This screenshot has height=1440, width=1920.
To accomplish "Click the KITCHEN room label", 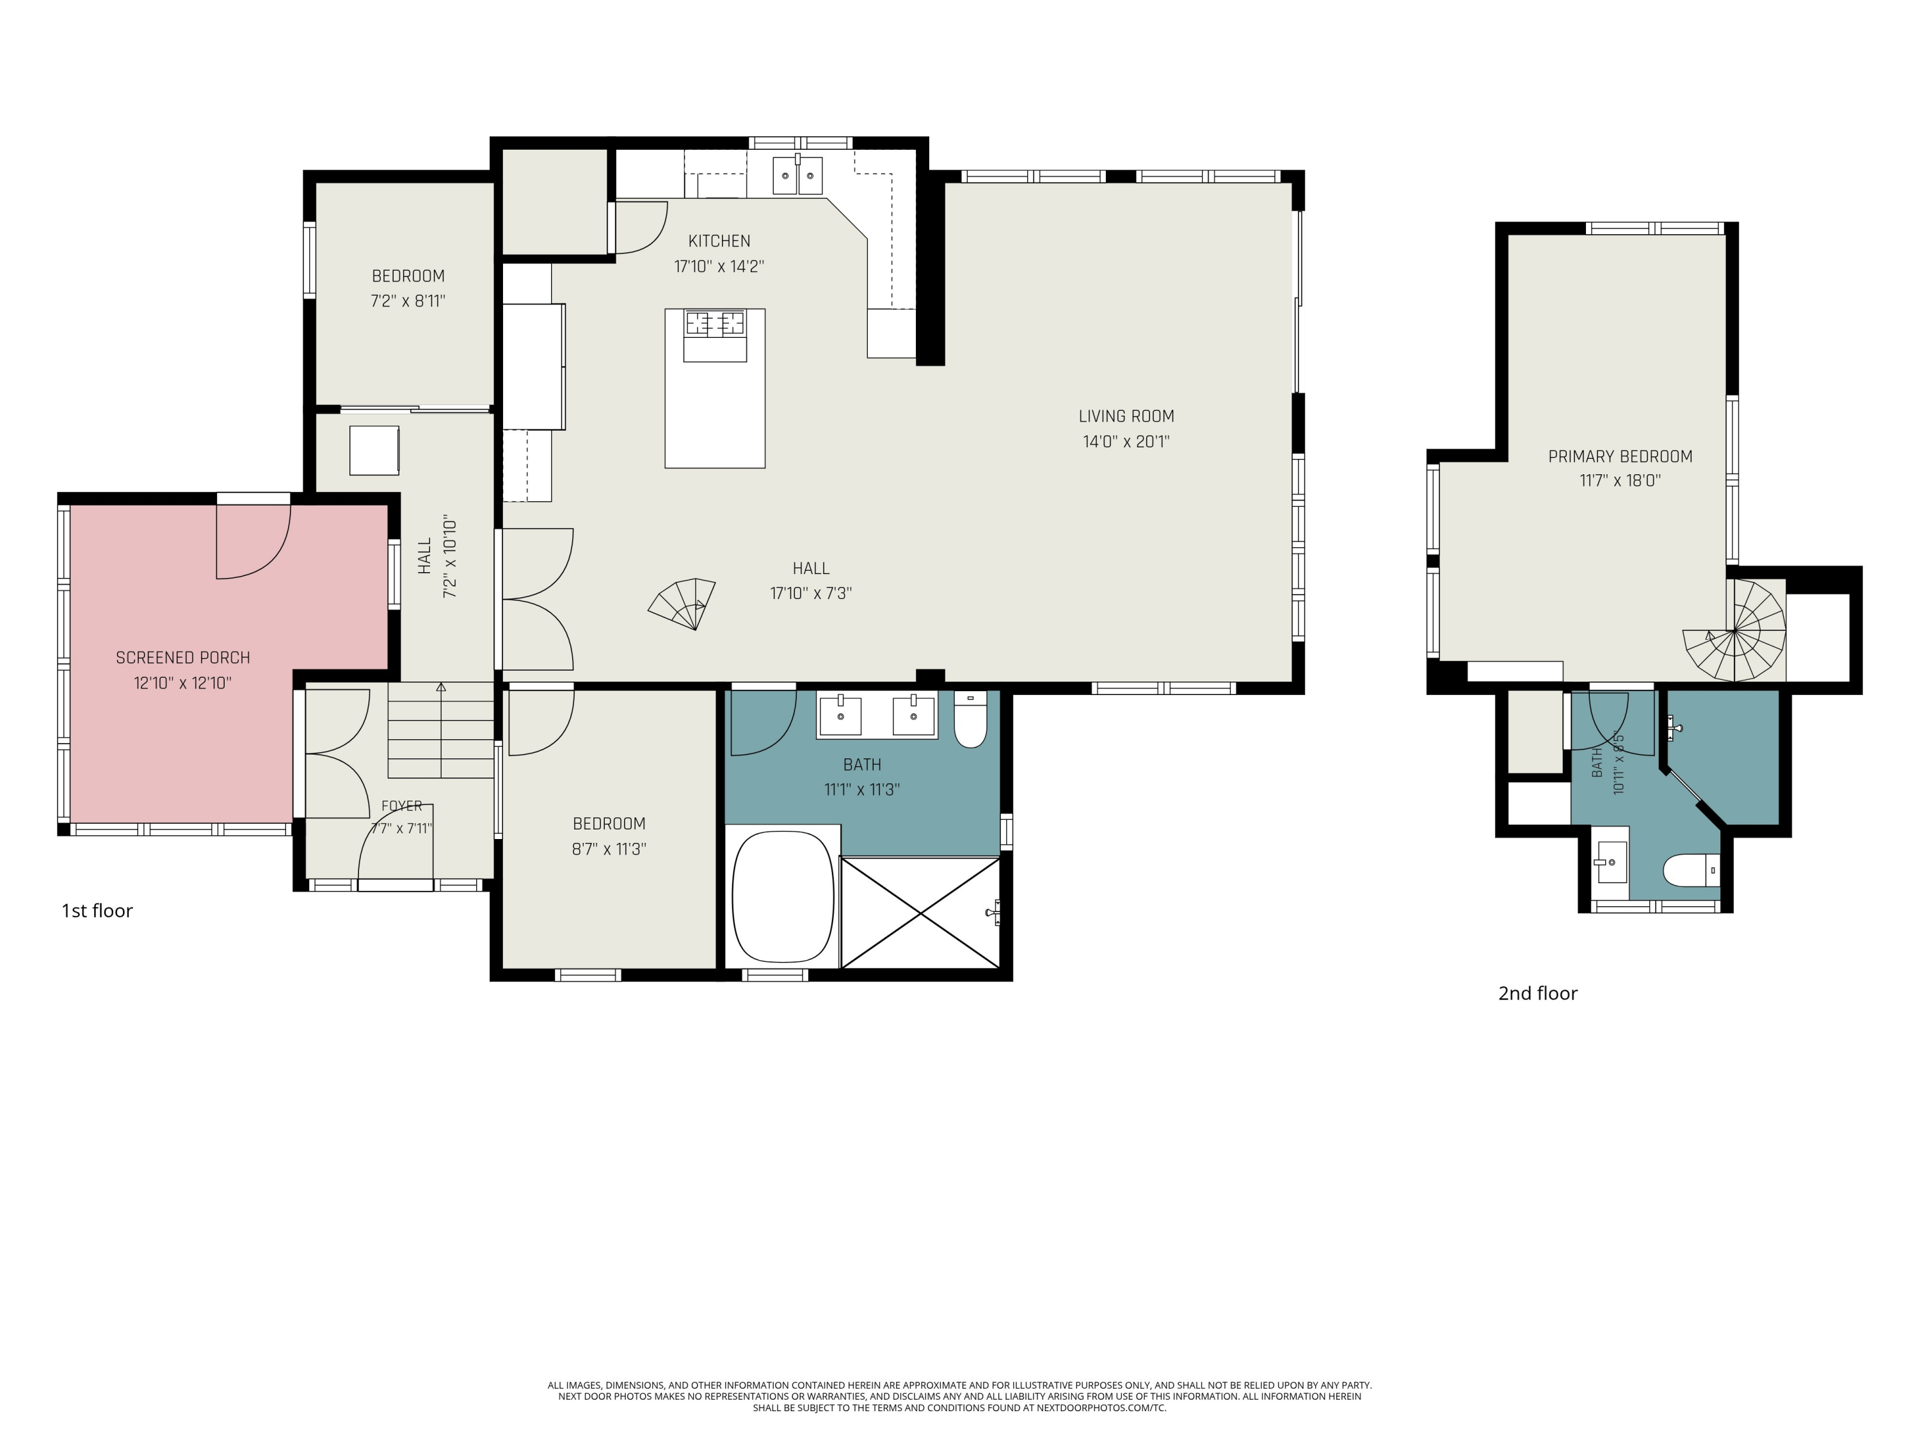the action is tap(719, 241).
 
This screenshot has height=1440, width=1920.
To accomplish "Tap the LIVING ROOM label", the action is tap(1126, 417).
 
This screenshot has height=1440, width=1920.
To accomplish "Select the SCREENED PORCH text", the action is tap(183, 658).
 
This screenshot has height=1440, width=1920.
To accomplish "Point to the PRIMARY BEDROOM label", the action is tap(1620, 456).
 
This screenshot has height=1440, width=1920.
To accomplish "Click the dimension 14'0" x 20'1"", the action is tap(1126, 442).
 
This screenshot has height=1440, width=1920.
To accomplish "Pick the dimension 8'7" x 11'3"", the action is tap(609, 849).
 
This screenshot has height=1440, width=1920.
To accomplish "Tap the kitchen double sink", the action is tap(797, 176).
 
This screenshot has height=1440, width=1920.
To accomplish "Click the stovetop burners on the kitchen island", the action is tap(716, 323).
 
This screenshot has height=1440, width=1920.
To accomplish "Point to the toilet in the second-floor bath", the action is tap(1691, 870).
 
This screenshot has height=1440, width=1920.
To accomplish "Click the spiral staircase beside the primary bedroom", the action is tap(1735, 632).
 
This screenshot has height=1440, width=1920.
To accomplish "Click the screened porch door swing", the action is tap(253, 541).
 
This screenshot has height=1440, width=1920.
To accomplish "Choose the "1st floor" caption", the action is tap(97, 911).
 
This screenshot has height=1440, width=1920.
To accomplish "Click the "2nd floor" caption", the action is tap(1537, 994).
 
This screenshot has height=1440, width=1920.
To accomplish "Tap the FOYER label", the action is tap(402, 806).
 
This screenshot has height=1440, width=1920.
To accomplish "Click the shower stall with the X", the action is tap(920, 912).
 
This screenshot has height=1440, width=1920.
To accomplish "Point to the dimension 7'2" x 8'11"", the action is tap(408, 301).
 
